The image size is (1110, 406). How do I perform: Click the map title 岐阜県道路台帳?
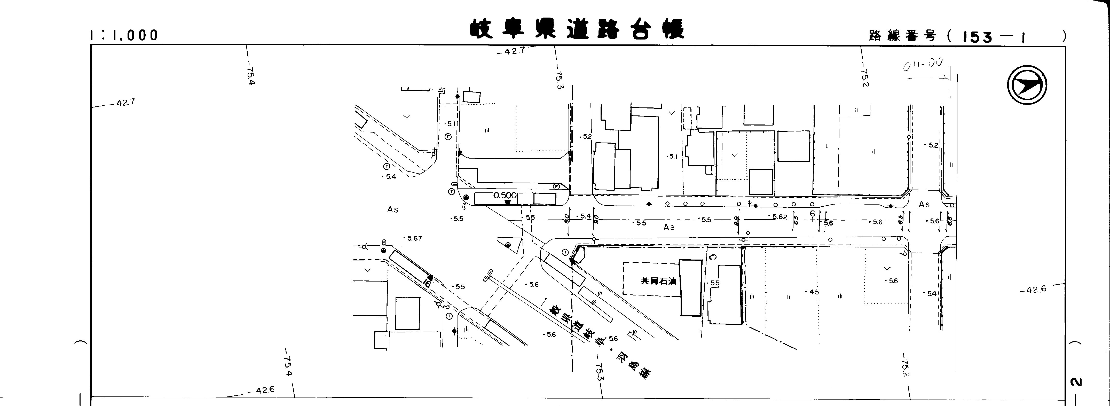(x=577, y=29)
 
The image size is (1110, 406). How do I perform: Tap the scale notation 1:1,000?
(x=124, y=35)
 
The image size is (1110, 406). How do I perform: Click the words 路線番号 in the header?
(x=902, y=36)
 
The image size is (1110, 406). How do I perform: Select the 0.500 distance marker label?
(x=505, y=195)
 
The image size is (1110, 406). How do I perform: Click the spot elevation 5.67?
(x=414, y=238)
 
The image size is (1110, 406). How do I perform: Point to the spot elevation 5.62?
(x=779, y=217)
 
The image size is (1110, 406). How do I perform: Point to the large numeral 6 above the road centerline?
(x=812, y=213)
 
